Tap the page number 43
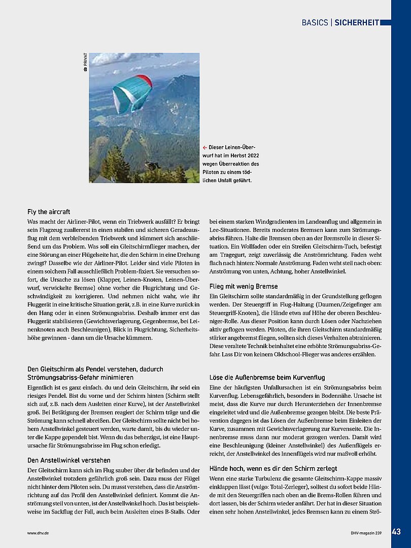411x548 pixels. coord(397,532)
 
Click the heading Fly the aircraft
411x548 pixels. coord(49,212)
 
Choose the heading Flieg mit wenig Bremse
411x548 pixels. coord(244,286)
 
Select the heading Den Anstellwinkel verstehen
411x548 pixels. coord(69,460)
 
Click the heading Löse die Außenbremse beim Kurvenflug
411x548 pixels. coord(266,378)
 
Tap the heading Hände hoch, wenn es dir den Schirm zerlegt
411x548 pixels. coord(273,468)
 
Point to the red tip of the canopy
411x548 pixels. coord(146,80)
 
